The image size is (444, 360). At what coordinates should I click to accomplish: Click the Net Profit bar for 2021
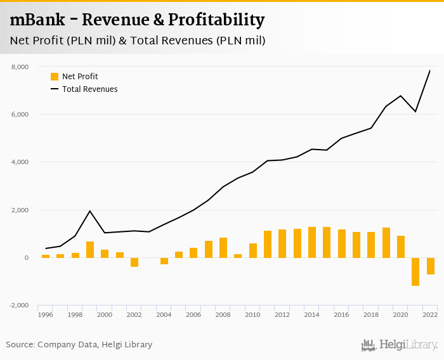415,271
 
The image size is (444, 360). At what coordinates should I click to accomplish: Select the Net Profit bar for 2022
430,266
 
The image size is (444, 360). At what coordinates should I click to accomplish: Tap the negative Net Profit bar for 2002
134,262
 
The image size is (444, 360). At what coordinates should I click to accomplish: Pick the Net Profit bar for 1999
90,249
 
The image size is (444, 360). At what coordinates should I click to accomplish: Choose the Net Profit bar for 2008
223,247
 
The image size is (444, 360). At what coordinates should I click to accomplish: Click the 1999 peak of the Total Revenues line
90,211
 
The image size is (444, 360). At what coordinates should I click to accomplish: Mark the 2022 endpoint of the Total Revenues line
430,70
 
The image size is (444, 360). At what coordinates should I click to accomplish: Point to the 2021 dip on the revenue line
415,112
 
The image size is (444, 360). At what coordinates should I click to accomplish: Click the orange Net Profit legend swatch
55,77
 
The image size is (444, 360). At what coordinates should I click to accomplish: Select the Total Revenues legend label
89,89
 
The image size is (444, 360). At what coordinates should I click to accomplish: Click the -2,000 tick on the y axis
19,305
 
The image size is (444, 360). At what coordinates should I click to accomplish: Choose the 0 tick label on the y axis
26,258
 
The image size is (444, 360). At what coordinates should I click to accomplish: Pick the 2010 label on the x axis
253,314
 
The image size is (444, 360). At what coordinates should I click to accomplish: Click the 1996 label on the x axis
46,314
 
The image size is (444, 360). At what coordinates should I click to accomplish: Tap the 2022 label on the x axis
430,314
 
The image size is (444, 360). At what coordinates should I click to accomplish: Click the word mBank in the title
37,20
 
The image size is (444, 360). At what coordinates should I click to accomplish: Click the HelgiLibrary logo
400,345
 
